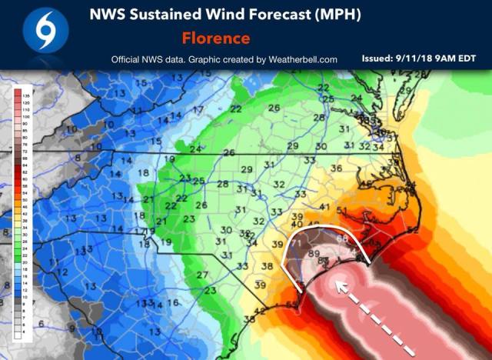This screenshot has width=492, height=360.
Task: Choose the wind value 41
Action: click(324, 207)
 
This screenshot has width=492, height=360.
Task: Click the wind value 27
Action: click(201, 275)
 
